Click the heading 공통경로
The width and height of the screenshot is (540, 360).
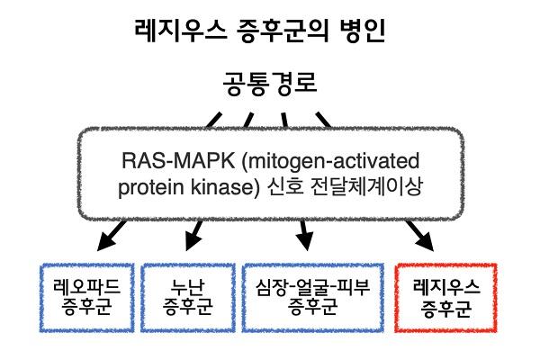pos(269,87)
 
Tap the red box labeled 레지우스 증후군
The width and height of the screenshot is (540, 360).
pos(446,297)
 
